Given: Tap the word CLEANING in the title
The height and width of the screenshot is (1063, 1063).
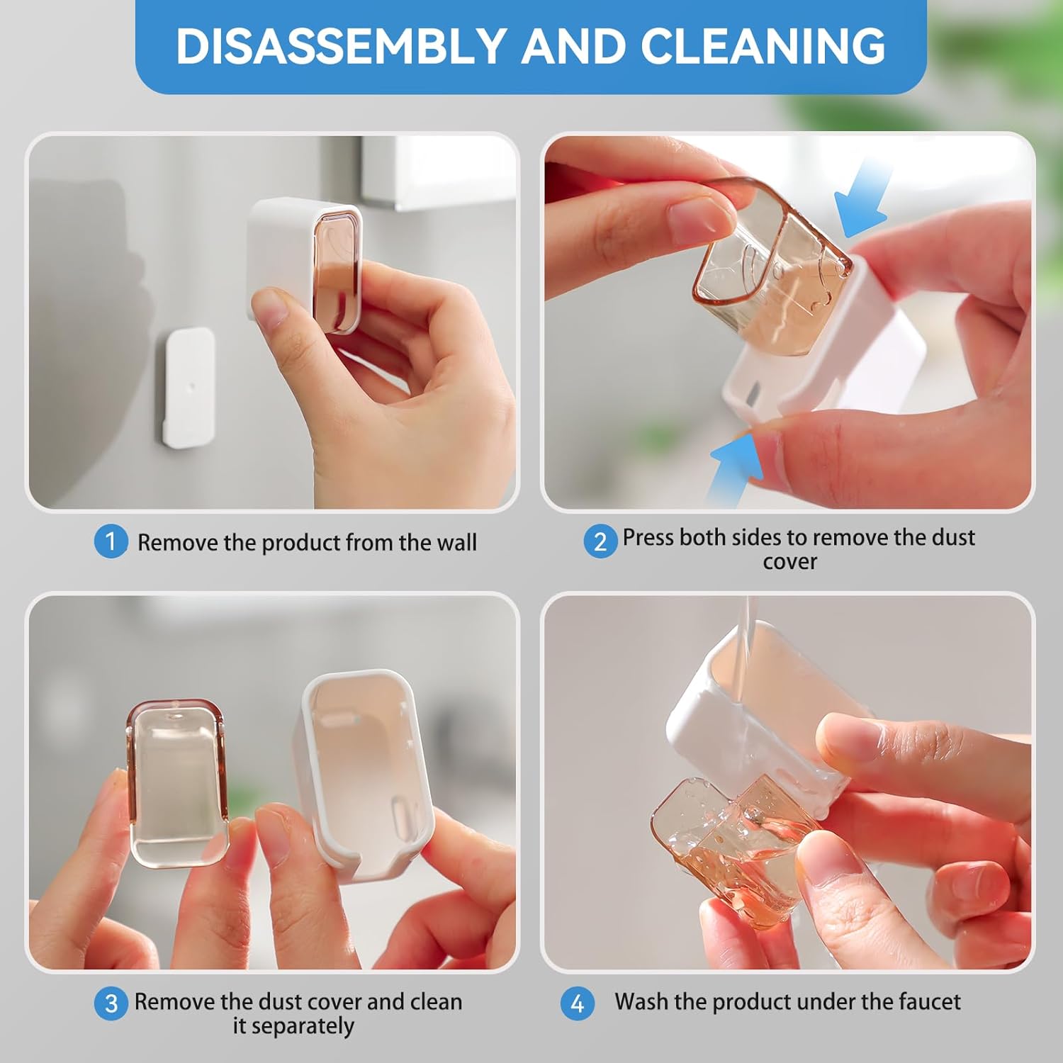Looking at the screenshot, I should point(763,47).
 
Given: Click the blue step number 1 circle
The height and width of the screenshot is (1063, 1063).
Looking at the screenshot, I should point(111,541).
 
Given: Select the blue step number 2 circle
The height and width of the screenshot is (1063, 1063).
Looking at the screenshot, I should point(600,541).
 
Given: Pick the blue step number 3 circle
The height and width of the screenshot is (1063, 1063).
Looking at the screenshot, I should point(111,1003).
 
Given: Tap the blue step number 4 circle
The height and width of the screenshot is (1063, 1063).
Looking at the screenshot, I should point(577,1003).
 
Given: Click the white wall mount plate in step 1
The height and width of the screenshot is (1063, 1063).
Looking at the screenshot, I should point(189,387).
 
